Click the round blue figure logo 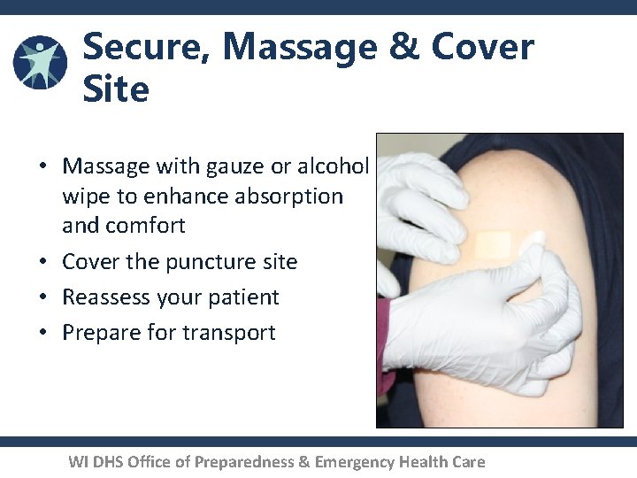40,62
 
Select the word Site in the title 116,89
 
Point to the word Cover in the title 483,47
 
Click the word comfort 146,226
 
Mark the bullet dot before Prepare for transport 42,334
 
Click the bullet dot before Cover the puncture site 42,263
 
